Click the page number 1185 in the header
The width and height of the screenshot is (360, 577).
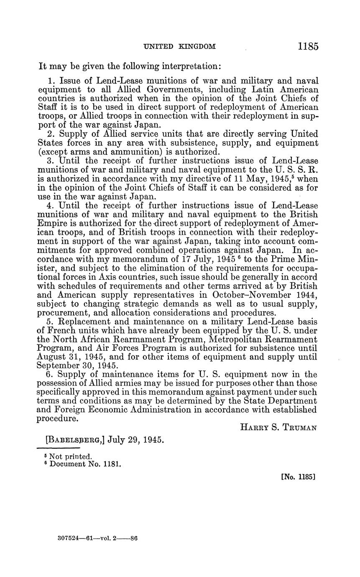(308, 46)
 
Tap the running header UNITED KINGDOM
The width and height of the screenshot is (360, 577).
(180, 47)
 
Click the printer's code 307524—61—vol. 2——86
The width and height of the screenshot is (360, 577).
(97, 538)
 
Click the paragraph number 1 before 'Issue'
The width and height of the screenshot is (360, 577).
(51, 80)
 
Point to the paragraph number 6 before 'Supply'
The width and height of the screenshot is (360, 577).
(51, 374)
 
